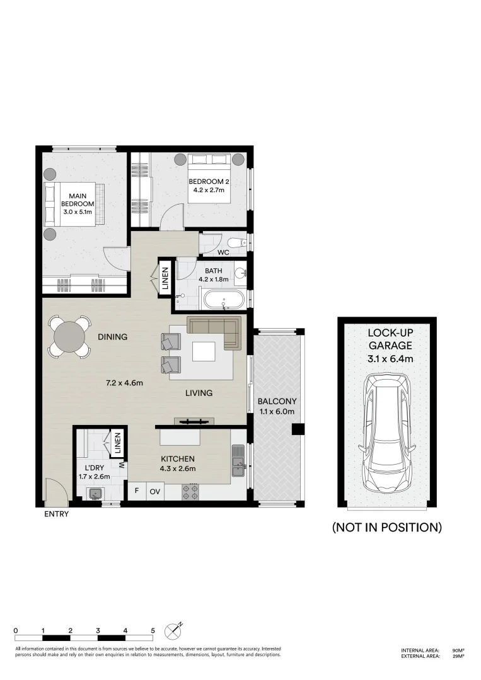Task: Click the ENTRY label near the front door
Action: [x=56, y=514]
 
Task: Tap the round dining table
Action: [x=70, y=337]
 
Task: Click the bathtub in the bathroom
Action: [x=223, y=299]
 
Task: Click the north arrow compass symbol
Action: [x=173, y=630]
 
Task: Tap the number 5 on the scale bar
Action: [x=153, y=630]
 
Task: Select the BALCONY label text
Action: [x=277, y=401]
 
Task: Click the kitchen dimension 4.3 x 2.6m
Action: [x=177, y=468]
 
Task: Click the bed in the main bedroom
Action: [x=70, y=204]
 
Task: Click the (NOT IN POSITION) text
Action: [x=386, y=528]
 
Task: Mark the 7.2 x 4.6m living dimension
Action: [x=125, y=382]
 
